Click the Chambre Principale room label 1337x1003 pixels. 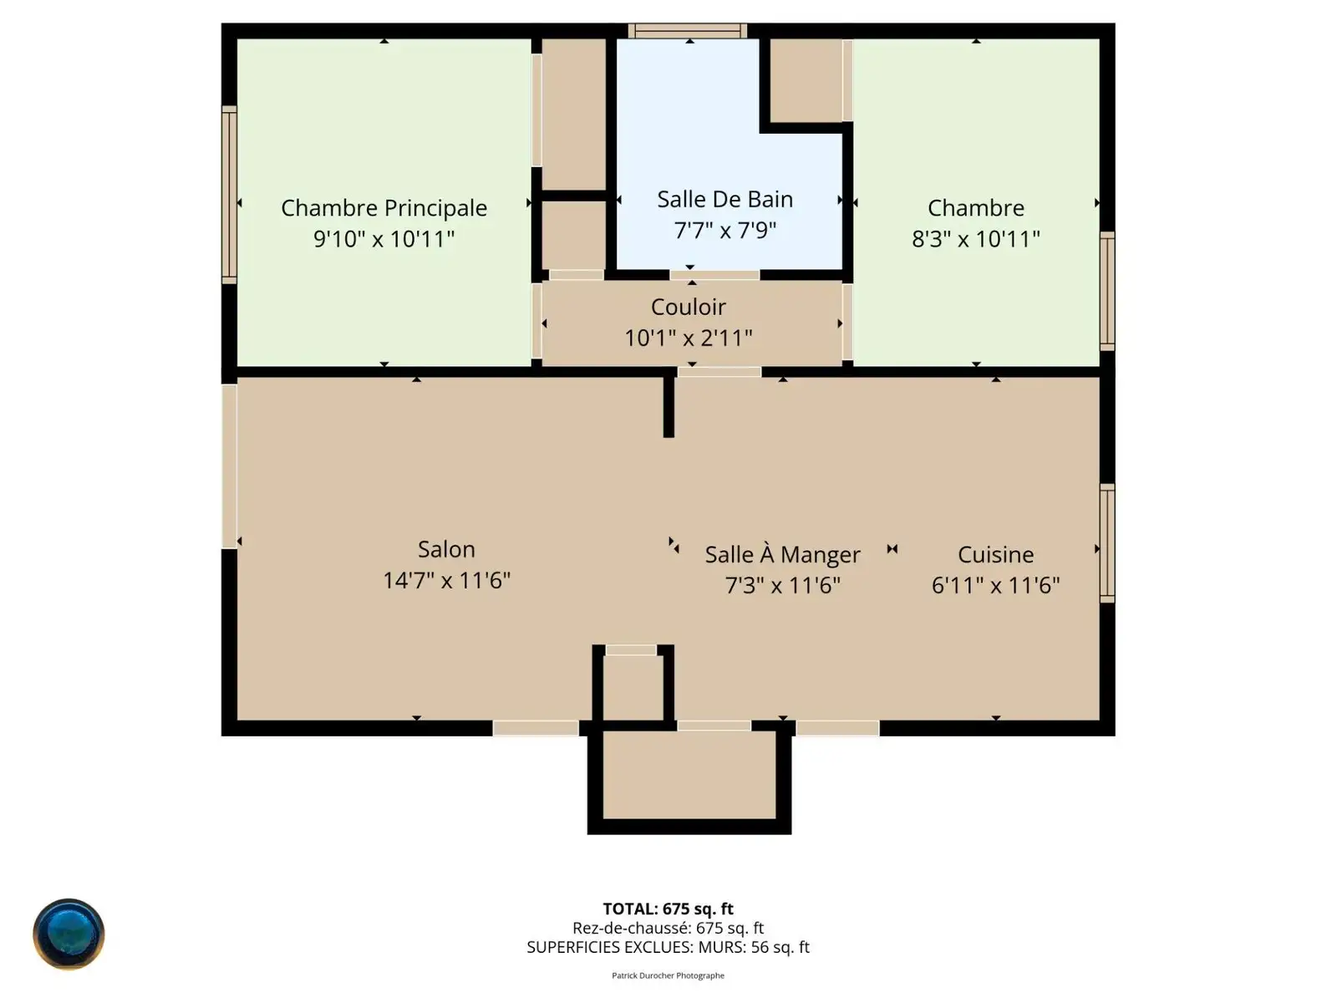pyautogui.click(x=384, y=208)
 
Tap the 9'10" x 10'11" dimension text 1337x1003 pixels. pyautogui.click(x=384, y=239)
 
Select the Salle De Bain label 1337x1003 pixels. pyautogui.click(x=724, y=199)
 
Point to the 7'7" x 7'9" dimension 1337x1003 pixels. pyautogui.click(x=724, y=230)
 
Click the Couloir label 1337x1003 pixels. pyautogui.click(x=689, y=307)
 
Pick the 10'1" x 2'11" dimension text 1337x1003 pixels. pyautogui.click(x=689, y=338)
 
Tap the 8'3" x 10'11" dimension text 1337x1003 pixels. pyautogui.click(x=976, y=239)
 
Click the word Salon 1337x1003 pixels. pyautogui.click(x=446, y=549)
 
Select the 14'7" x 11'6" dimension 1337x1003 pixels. pyautogui.click(x=446, y=580)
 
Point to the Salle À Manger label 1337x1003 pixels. pyautogui.click(x=783, y=554)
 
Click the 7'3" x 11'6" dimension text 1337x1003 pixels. pyautogui.click(x=783, y=585)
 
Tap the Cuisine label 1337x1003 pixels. pyautogui.click(x=996, y=555)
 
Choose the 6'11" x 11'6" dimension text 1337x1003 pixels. pyautogui.click(x=996, y=585)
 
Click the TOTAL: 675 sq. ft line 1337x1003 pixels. pyautogui.click(x=668, y=909)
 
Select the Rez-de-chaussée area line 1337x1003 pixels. pyautogui.click(x=668, y=928)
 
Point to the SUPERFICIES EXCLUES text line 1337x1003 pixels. pyautogui.click(x=668, y=947)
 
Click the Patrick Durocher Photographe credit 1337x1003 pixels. pyautogui.click(x=668, y=975)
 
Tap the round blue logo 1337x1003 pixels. pyautogui.click(x=69, y=934)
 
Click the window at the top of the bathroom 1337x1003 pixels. pyautogui.click(x=688, y=30)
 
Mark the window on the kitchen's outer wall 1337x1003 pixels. pyautogui.click(x=1107, y=543)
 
